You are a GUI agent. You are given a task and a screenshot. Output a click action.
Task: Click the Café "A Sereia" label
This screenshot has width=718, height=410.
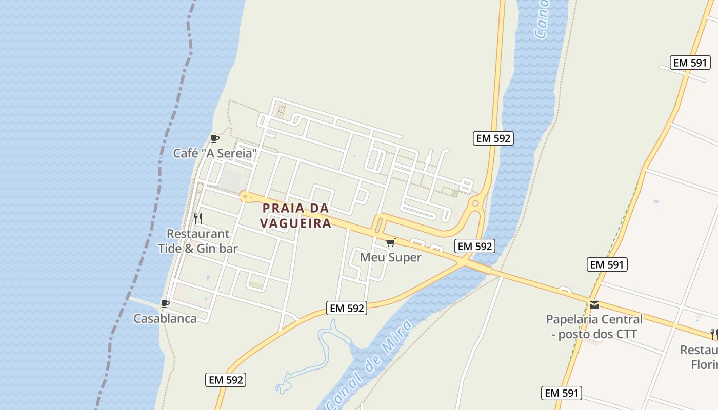214,153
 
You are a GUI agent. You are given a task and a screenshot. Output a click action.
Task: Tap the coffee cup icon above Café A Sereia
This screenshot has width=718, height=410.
215,138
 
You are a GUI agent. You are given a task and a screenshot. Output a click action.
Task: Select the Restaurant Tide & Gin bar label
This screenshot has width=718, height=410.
198,241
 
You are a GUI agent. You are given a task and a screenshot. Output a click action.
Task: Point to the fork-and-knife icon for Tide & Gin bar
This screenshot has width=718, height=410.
198,219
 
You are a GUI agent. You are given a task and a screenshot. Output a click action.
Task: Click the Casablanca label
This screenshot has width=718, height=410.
165,318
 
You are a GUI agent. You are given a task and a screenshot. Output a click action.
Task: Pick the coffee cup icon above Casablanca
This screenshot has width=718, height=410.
165,303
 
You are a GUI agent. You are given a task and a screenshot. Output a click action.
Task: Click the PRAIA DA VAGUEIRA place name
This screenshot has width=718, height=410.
295,216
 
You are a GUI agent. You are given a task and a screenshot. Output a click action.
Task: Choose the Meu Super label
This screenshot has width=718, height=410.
390,257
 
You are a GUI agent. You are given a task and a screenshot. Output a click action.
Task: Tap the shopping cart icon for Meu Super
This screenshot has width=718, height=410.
391,242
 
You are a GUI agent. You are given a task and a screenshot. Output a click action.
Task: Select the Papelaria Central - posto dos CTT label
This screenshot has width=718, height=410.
594,326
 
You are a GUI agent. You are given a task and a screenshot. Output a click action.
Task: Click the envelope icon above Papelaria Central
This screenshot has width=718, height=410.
594,305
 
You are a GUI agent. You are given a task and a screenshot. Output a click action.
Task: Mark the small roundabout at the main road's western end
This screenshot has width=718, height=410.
245,195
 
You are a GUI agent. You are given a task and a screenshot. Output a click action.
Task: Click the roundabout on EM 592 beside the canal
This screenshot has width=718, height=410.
475,203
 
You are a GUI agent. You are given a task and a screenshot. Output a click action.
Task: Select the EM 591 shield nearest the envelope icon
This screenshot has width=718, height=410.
607,264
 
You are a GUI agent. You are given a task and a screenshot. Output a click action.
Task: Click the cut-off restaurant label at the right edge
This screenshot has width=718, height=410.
700,357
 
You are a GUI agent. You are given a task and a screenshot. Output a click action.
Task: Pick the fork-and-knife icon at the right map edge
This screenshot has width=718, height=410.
714,335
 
